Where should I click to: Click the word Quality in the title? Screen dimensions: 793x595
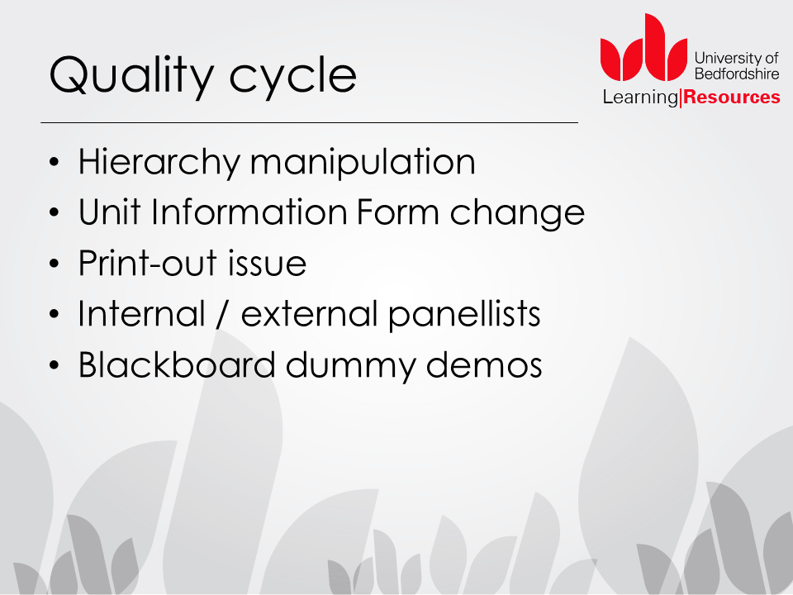click(x=131, y=76)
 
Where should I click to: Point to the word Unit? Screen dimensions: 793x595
click(x=109, y=212)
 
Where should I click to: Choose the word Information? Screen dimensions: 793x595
click(x=249, y=212)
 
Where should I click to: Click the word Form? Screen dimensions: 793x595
click(x=397, y=212)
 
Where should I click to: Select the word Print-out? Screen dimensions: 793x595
click(x=148, y=263)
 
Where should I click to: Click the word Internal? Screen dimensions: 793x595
click(x=141, y=313)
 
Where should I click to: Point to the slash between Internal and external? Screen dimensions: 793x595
click(x=222, y=314)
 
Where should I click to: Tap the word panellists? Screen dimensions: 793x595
click(x=464, y=315)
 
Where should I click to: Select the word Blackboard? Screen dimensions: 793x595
click(x=177, y=364)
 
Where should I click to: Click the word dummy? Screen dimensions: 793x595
click(x=350, y=366)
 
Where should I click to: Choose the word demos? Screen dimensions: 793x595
click(x=484, y=364)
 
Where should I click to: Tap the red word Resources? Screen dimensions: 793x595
click(x=732, y=97)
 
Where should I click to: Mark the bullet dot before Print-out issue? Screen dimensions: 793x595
click(x=55, y=264)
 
